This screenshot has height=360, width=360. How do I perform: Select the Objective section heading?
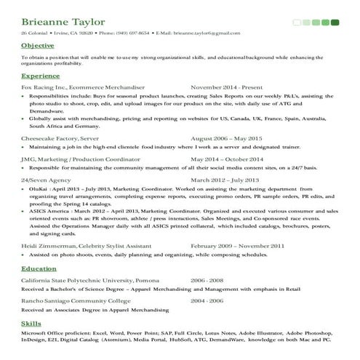pyautogui.click(x=37, y=46)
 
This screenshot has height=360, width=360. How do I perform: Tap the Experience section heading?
pyautogui.click(x=41, y=76)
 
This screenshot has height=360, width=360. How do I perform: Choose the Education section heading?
pyautogui.click(x=39, y=268)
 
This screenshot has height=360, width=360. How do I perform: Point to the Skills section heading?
pyautogui.click(x=31, y=322)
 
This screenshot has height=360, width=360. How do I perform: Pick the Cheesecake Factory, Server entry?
pyautogui.click(x=60, y=138)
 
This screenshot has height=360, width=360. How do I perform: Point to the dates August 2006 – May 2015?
pyautogui.click(x=226, y=138)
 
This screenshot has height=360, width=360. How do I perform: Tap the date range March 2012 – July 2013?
pyautogui.click(x=225, y=180)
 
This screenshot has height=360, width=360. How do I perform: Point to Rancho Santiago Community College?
pyautogui.click(x=76, y=300)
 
